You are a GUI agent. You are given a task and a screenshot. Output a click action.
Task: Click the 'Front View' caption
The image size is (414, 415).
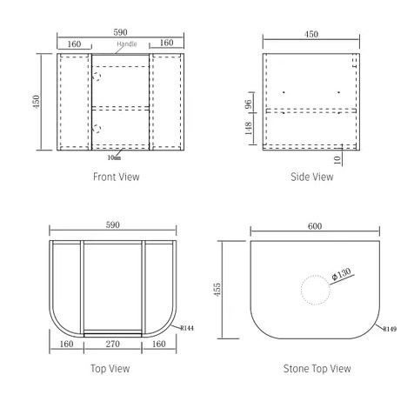(x=117, y=177)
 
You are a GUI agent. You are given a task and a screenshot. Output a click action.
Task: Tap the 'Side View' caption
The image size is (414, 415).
(x=312, y=177)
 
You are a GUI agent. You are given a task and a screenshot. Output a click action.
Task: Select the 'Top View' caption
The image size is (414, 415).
(x=110, y=369)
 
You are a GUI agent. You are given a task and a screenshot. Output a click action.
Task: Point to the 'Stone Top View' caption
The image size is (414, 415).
(x=317, y=369)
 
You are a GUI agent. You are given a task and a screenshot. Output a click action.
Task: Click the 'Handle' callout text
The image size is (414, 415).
(x=127, y=44)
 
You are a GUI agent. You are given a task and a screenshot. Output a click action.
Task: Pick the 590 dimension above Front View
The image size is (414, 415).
(x=120, y=32)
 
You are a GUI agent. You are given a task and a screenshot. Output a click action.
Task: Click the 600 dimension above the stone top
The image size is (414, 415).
(x=315, y=226)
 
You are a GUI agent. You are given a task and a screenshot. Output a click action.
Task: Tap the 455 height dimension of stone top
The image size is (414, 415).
(x=217, y=289)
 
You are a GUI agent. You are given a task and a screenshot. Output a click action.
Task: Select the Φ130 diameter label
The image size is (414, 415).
(x=341, y=274)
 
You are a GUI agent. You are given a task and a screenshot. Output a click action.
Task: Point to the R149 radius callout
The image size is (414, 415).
(x=390, y=329)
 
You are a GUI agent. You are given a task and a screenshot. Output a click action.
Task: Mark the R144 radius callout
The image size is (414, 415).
(x=187, y=328)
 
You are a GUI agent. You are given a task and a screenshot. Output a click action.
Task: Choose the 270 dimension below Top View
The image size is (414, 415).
(x=113, y=344)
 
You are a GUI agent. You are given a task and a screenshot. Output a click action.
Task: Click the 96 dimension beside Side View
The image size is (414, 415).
(x=249, y=104)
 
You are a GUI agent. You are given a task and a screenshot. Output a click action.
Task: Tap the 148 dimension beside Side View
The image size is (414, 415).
(x=249, y=128)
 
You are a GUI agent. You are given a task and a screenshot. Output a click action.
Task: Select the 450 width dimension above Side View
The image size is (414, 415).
(x=311, y=34)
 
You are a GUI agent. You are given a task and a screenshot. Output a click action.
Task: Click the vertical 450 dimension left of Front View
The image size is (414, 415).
(x=37, y=102)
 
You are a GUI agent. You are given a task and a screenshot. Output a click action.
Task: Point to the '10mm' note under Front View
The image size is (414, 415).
(x=114, y=157)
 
